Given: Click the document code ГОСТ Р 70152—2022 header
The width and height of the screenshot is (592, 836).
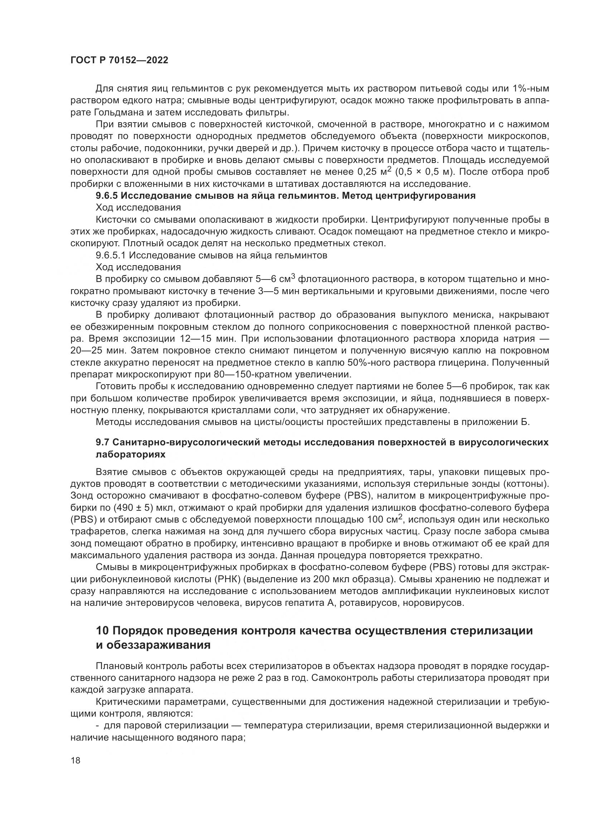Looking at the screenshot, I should click(x=119, y=60).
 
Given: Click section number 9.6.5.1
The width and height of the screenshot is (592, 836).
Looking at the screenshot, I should click(x=110, y=255).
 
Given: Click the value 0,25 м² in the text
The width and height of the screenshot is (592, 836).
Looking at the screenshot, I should click(x=374, y=172).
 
